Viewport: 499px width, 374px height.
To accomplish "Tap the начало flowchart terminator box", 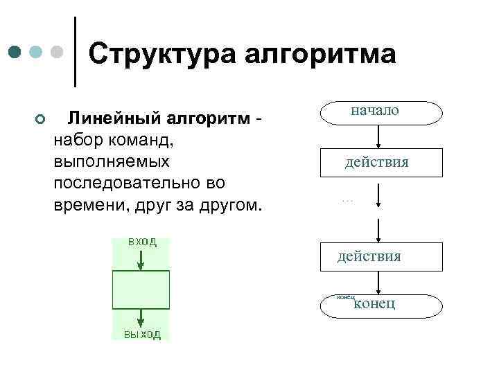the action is (380, 112).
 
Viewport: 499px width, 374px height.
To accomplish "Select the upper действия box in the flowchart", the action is (380, 163).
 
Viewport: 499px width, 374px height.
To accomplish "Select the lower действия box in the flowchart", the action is (380, 257).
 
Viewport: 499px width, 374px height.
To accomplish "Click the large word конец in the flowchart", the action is (374, 303).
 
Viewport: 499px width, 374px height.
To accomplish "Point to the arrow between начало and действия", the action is (378, 136).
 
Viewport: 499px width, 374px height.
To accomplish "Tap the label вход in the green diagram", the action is (141, 242).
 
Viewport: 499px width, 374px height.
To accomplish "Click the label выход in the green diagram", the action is (142, 335).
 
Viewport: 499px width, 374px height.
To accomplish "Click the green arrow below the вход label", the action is (141, 260).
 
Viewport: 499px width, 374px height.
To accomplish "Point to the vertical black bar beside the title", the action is (75, 52).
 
